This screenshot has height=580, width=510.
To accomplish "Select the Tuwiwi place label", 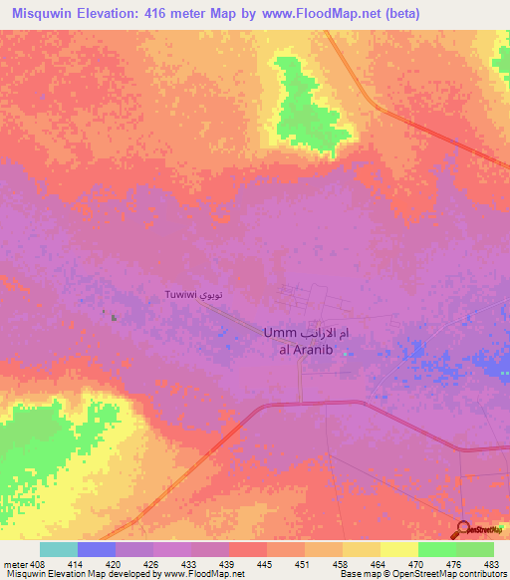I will tap(180, 296).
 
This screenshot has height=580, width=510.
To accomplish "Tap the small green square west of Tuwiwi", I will tap(114, 319).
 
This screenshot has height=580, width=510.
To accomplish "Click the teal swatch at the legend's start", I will tap(58, 549).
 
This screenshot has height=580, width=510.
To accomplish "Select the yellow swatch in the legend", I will tap(398, 549).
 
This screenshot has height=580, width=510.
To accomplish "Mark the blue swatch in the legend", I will tap(96, 549).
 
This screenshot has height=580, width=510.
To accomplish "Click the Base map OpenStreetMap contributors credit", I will tap(422, 574).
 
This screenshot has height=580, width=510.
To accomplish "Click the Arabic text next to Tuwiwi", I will tap(210, 296).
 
